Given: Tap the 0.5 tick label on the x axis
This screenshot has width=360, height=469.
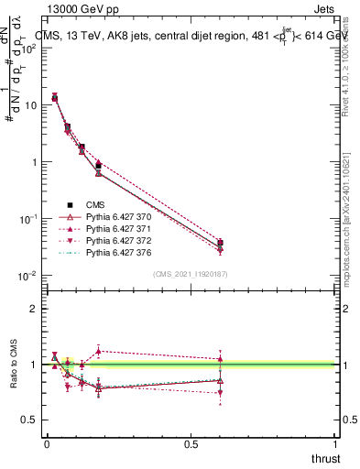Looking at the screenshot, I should (x=191, y=445).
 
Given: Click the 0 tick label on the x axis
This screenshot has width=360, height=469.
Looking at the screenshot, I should (x=47, y=445).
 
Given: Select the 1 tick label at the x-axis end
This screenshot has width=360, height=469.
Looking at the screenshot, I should (x=335, y=445).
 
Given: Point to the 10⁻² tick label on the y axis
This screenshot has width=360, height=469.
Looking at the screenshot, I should (x=29, y=276).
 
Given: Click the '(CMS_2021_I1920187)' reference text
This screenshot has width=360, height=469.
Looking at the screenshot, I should (x=191, y=274).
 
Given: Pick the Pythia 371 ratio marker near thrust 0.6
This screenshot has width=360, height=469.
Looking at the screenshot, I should (x=220, y=358).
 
